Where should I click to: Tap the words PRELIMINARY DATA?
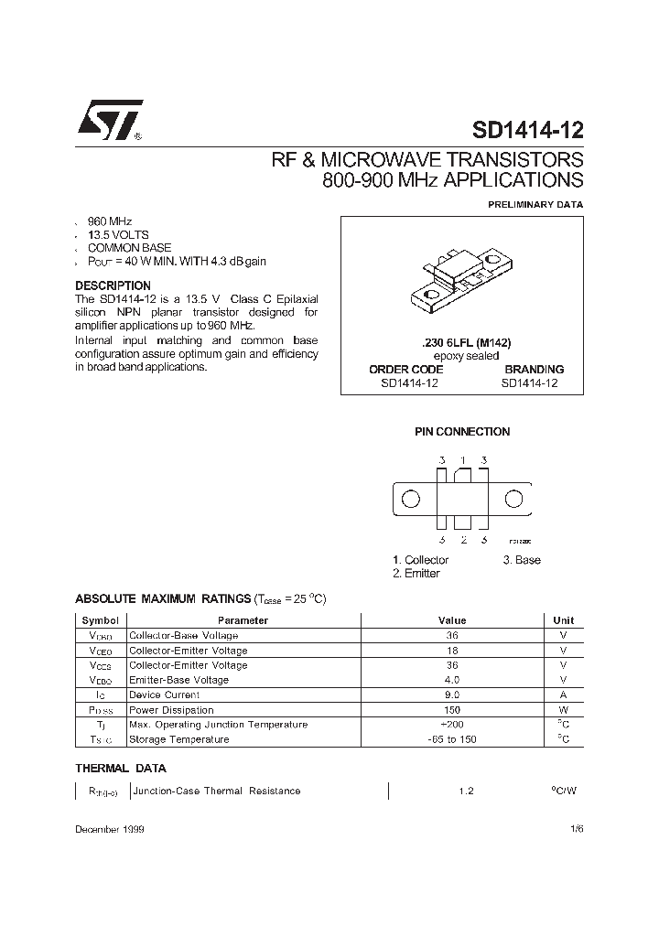pos(534,205)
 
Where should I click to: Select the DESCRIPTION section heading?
pos(113,286)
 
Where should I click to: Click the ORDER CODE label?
pos(405,370)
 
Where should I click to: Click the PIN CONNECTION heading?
pos(462,432)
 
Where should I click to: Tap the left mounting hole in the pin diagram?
pos(412,499)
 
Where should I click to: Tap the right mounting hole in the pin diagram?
pos(514,499)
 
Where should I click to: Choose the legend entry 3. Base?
pos(522,560)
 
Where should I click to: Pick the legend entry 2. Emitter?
pos(416,574)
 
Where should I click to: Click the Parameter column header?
pos(243,620)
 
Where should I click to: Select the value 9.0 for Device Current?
pos(451,695)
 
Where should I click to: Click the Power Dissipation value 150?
pos(451,710)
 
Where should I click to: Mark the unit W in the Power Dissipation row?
pos(564,710)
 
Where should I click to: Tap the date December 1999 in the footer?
pos(109,829)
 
